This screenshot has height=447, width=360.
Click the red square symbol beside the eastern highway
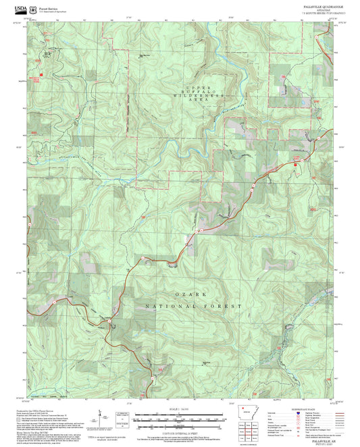tap(295, 160)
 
